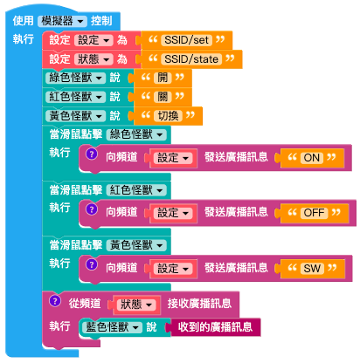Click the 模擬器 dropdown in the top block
coord(62,21)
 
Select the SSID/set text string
coord(186,40)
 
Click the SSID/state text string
coord(191,59)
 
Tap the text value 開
coord(163,78)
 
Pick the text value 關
coord(163,97)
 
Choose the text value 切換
coord(168,116)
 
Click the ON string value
coord(312,158)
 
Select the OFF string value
coord(314,213)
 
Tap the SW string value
coord(312,268)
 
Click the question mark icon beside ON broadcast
coord(92,154)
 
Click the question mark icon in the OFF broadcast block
coord(92,209)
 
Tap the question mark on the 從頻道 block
coord(55,301)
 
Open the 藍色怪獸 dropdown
coord(112,327)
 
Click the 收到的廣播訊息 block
coord(215,327)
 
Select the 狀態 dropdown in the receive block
coord(136,305)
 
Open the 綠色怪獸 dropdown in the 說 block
coord(75,78)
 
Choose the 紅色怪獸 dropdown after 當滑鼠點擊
coord(136,190)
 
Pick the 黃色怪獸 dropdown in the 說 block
coord(75,116)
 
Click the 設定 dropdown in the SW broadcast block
coord(173,269)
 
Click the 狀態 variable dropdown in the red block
coord(93,59)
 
